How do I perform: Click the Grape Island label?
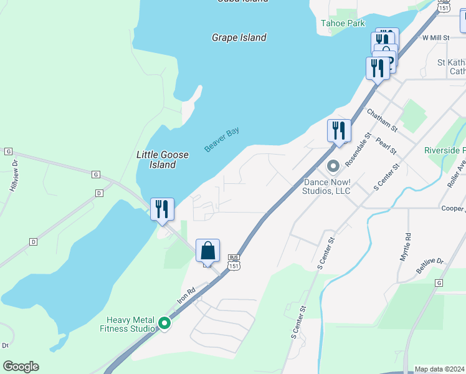(239, 37)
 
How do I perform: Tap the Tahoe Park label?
(342, 23)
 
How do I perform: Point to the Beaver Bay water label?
(222, 140)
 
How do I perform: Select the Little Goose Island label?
(156, 160)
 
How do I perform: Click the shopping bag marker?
(208, 251)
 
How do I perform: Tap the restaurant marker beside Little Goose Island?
(162, 210)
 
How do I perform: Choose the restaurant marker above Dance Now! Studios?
(339, 132)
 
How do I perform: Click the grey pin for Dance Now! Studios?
(333, 166)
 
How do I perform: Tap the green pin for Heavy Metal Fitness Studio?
(164, 323)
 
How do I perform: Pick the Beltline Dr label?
(429, 266)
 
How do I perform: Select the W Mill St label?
(435, 38)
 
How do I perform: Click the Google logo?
(21, 367)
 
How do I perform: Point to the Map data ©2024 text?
(439, 369)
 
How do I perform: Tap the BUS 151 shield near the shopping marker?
(234, 261)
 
